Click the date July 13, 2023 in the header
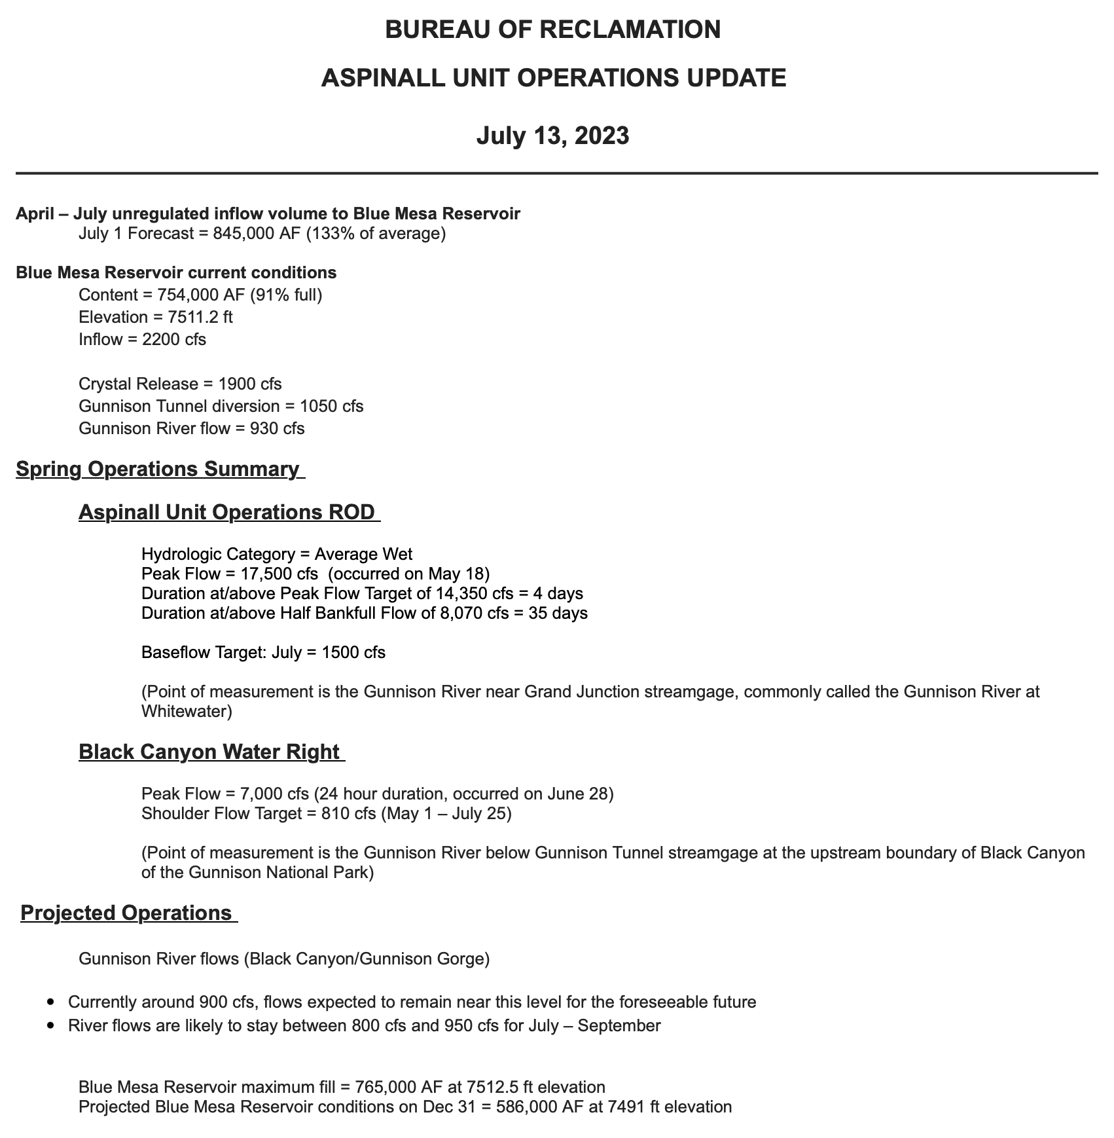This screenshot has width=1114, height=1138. pyautogui.click(x=552, y=136)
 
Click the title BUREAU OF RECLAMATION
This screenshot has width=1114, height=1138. pyautogui.click(x=552, y=29)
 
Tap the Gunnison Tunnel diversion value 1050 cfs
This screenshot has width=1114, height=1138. pyautogui.click(x=331, y=406)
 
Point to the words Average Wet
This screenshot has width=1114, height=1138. pyautogui.click(x=363, y=555)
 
